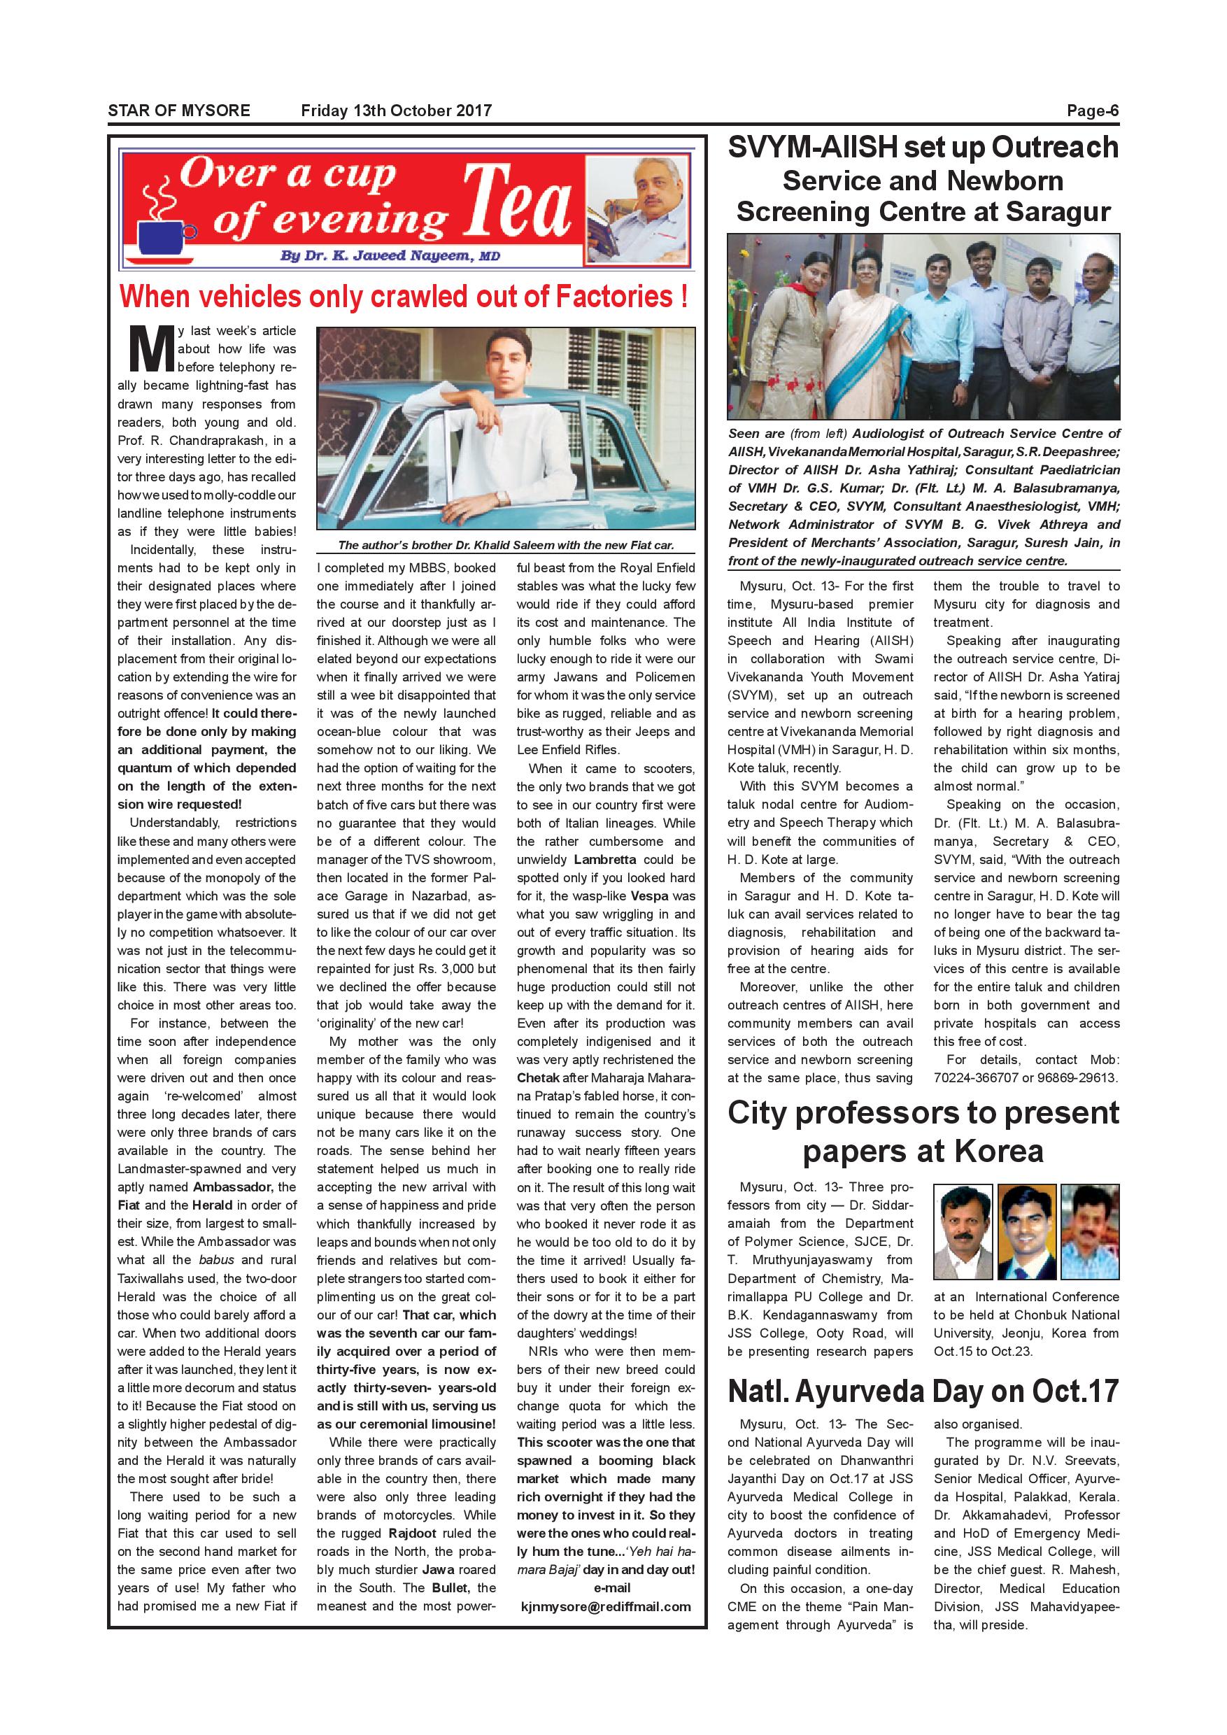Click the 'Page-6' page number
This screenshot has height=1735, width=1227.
tap(1092, 111)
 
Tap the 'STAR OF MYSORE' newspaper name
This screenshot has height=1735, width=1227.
tap(179, 111)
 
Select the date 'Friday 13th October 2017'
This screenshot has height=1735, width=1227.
tap(396, 111)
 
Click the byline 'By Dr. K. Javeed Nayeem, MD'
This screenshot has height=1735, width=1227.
tap(390, 255)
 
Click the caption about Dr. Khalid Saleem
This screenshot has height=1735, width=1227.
tap(506, 545)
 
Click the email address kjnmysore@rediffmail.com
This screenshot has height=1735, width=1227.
tap(606, 1606)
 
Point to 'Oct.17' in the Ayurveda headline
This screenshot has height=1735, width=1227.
tap(1075, 1390)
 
